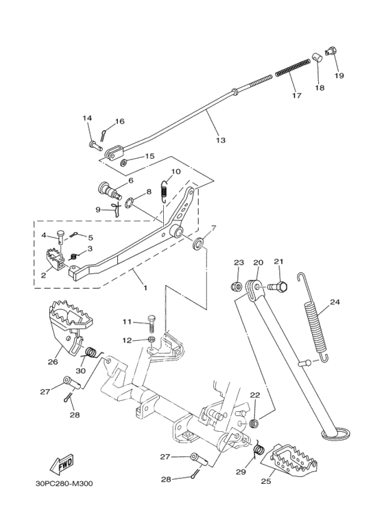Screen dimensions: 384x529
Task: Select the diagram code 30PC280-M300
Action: coord(64,484)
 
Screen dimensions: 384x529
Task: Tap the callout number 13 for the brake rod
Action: coord(220,140)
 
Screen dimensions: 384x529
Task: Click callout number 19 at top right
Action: coord(339,75)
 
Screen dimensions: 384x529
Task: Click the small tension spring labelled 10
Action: coord(164,191)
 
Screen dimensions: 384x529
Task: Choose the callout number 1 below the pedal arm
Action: coord(145,287)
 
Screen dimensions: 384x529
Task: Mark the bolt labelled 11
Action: coord(152,323)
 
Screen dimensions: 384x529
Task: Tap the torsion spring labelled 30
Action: coord(91,353)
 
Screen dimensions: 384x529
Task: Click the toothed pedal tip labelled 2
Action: coord(55,260)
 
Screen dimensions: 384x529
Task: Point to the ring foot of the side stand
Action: coord(336,433)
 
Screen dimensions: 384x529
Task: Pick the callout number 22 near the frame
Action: coord(255,395)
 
